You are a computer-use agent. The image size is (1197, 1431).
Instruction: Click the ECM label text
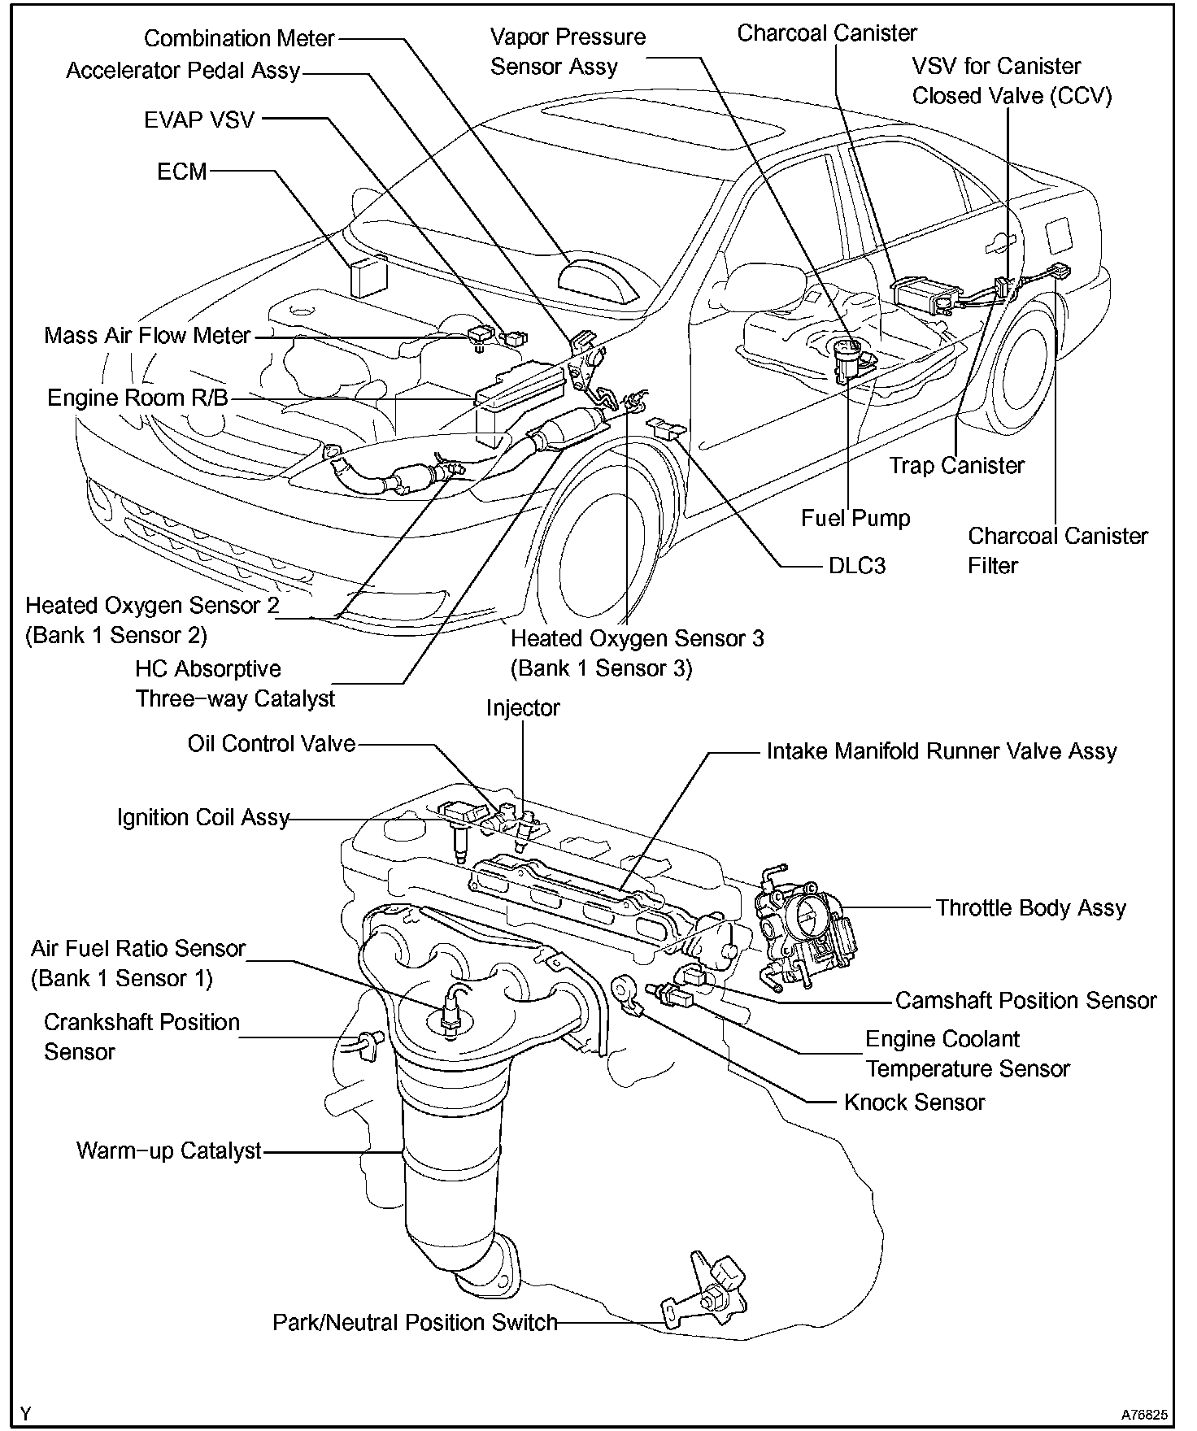pyautogui.click(x=181, y=172)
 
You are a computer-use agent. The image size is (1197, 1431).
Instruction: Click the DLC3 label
pyautogui.click(x=856, y=565)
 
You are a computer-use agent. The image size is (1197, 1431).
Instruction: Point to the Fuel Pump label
pyautogui.click(x=855, y=518)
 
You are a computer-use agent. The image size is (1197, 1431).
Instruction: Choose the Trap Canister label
pyautogui.click(x=955, y=465)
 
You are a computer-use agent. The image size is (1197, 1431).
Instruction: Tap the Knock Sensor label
pyautogui.click(x=914, y=1102)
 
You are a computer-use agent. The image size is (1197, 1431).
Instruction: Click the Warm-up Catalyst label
pyautogui.click(x=169, y=1150)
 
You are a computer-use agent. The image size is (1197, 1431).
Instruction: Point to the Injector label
pyautogui.click(x=523, y=707)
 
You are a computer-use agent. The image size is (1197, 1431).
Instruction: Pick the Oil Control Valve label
pyautogui.click(x=272, y=743)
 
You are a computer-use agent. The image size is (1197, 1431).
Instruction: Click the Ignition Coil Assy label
pyautogui.click(x=203, y=817)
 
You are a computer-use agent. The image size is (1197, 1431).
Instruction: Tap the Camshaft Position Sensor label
pyautogui.click(x=1025, y=1000)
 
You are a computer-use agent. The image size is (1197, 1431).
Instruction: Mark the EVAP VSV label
pyautogui.click(x=199, y=120)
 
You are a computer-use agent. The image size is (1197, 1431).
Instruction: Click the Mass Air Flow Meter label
pyautogui.click(x=147, y=335)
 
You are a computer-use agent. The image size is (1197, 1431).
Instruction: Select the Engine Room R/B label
pyautogui.click(x=137, y=398)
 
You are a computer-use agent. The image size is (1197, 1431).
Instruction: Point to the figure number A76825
pyautogui.click(x=1144, y=1416)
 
